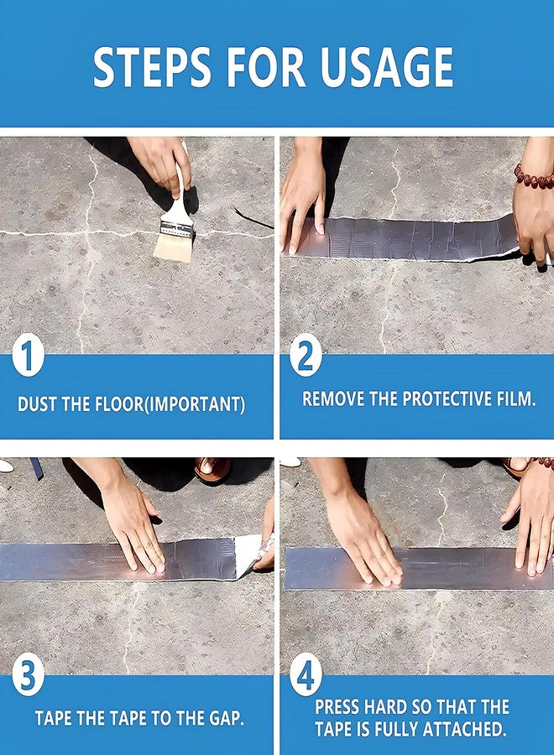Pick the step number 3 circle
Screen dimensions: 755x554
[x=28, y=677]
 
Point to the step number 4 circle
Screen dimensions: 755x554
[x=306, y=677]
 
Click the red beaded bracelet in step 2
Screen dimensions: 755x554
[x=534, y=176]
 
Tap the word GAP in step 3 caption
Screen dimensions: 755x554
[x=224, y=719]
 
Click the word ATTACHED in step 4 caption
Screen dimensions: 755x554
[x=463, y=730]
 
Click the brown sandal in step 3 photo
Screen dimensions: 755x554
[x=212, y=471]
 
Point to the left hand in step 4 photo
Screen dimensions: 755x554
[x=361, y=537]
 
